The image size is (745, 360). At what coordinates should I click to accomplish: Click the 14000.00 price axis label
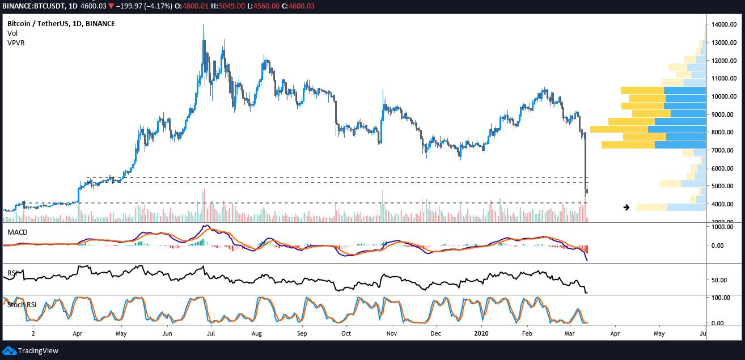[723, 24]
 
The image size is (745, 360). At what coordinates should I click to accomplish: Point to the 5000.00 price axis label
[723, 186]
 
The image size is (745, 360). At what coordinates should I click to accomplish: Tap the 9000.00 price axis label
[723, 115]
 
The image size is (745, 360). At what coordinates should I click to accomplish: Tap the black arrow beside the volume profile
[627, 207]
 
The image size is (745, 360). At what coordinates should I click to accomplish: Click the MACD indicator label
[17, 232]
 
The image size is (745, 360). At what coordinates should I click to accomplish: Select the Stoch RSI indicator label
[23, 305]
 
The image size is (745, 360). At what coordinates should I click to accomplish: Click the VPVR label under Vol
[16, 43]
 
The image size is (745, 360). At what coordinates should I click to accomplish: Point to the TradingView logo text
[37, 351]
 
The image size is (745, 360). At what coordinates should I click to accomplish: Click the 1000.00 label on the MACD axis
[722, 227]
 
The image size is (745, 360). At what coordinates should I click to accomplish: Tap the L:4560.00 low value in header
[281, 6]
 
